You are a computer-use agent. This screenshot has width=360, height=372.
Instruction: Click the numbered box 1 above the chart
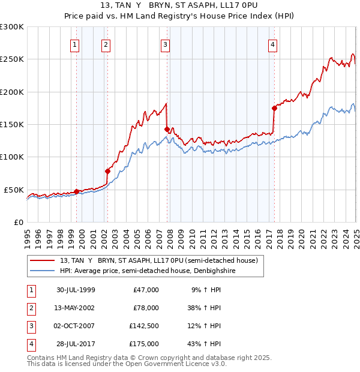[75, 44]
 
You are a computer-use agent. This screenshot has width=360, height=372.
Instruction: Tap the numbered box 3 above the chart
[165, 44]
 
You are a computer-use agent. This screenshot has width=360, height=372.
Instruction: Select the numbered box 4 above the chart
[272, 44]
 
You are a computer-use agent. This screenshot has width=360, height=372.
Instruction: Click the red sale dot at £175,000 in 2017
[274, 109]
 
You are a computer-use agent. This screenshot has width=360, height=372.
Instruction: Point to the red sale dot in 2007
[167, 129]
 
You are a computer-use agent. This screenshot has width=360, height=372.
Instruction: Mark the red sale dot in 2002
[107, 171]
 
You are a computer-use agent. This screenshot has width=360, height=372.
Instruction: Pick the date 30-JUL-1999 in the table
[76, 290]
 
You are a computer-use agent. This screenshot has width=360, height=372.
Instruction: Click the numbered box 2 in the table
[31, 308]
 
